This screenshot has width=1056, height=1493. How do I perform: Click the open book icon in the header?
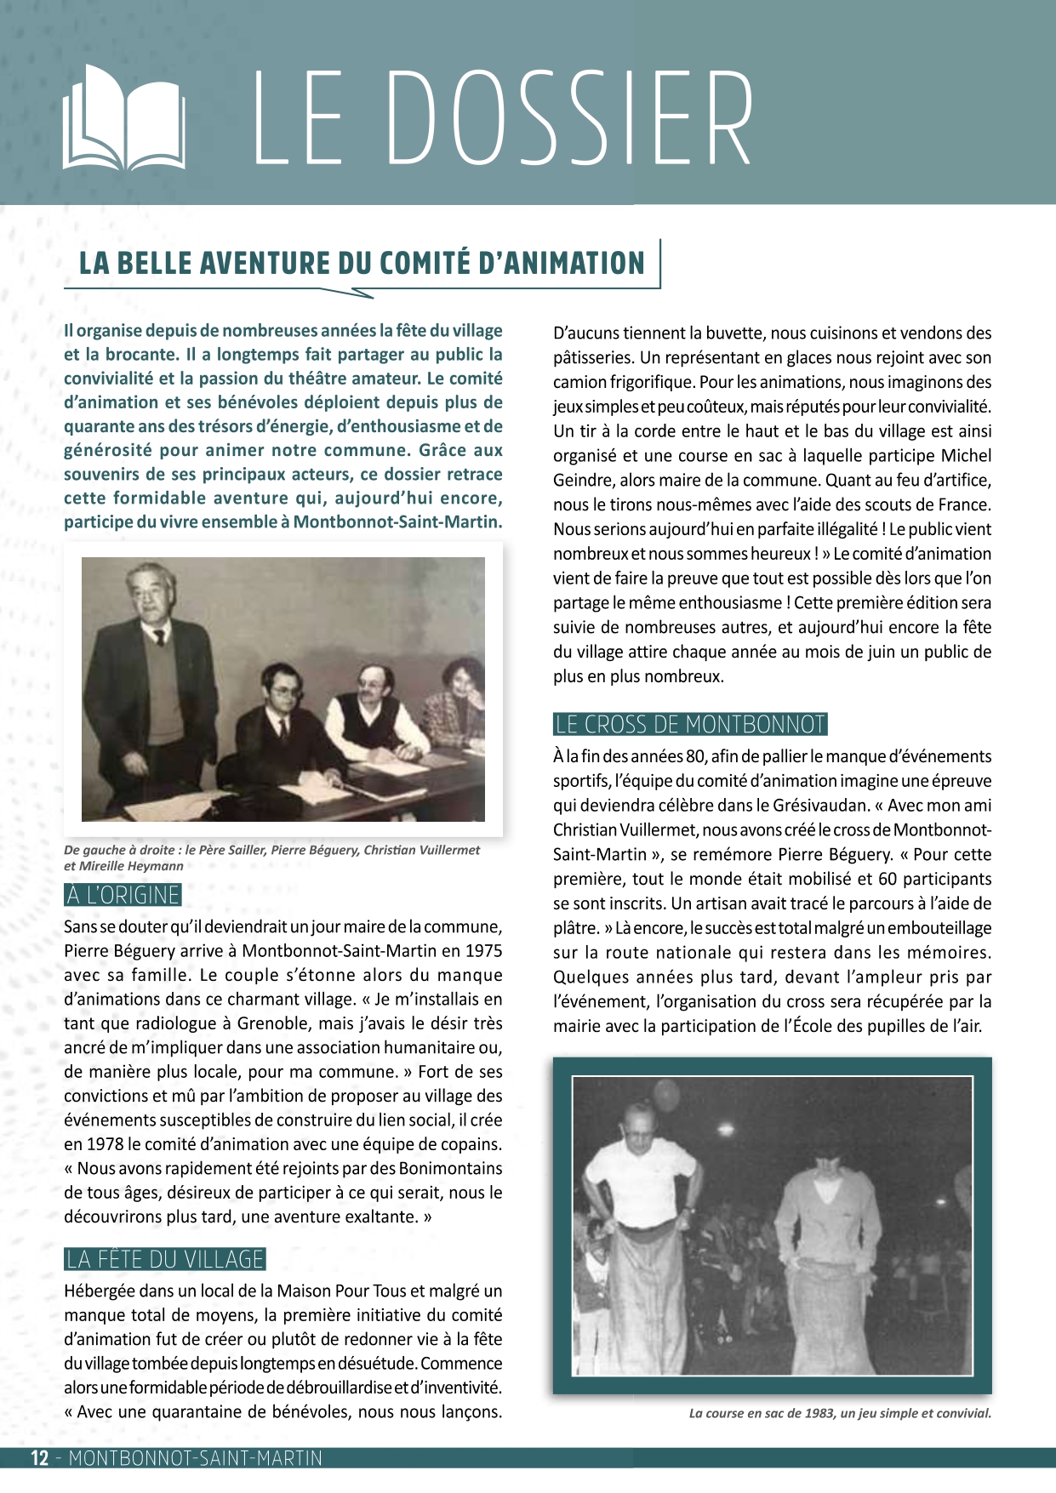(124, 117)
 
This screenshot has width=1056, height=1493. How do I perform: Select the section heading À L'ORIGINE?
(123, 895)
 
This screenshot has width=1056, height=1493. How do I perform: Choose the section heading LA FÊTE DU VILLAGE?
(165, 1259)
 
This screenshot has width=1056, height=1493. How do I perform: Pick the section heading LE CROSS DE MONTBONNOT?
(690, 725)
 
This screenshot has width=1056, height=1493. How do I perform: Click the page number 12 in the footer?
(40, 1458)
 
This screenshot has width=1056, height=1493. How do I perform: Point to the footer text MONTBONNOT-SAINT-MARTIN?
(195, 1458)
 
